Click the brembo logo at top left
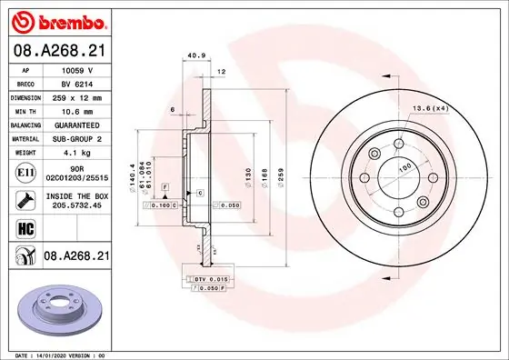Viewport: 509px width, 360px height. [x=57, y=19]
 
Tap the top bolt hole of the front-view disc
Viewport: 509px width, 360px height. [x=399, y=144]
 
